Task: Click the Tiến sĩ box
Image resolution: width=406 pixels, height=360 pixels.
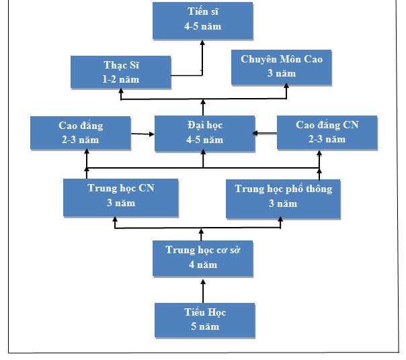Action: click(202, 20)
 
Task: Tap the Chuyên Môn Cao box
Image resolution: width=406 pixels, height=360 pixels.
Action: click(282, 66)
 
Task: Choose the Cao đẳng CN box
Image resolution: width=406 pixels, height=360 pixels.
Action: click(327, 132)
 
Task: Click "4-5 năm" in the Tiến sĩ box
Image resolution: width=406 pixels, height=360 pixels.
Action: click(202, 27)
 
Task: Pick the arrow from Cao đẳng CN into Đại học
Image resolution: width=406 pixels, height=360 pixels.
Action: click(265, 133)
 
